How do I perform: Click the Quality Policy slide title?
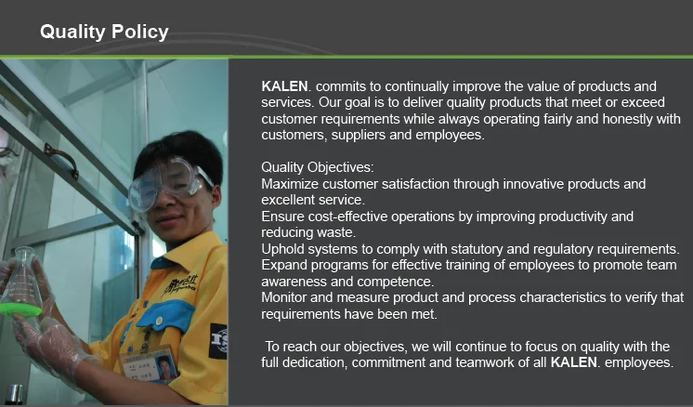[104, 32]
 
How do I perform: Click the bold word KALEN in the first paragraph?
[284, 85]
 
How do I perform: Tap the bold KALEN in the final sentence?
[574, 362]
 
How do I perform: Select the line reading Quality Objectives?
[318, 167]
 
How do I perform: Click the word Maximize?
[290, 184]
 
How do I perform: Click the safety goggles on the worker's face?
[168, 182]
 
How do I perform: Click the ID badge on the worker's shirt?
[149, 365]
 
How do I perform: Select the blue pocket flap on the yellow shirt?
[168, 315]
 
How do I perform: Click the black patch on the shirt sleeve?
[219, 342]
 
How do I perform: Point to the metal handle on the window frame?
[61, 160]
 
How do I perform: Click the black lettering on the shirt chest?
[180, 285]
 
